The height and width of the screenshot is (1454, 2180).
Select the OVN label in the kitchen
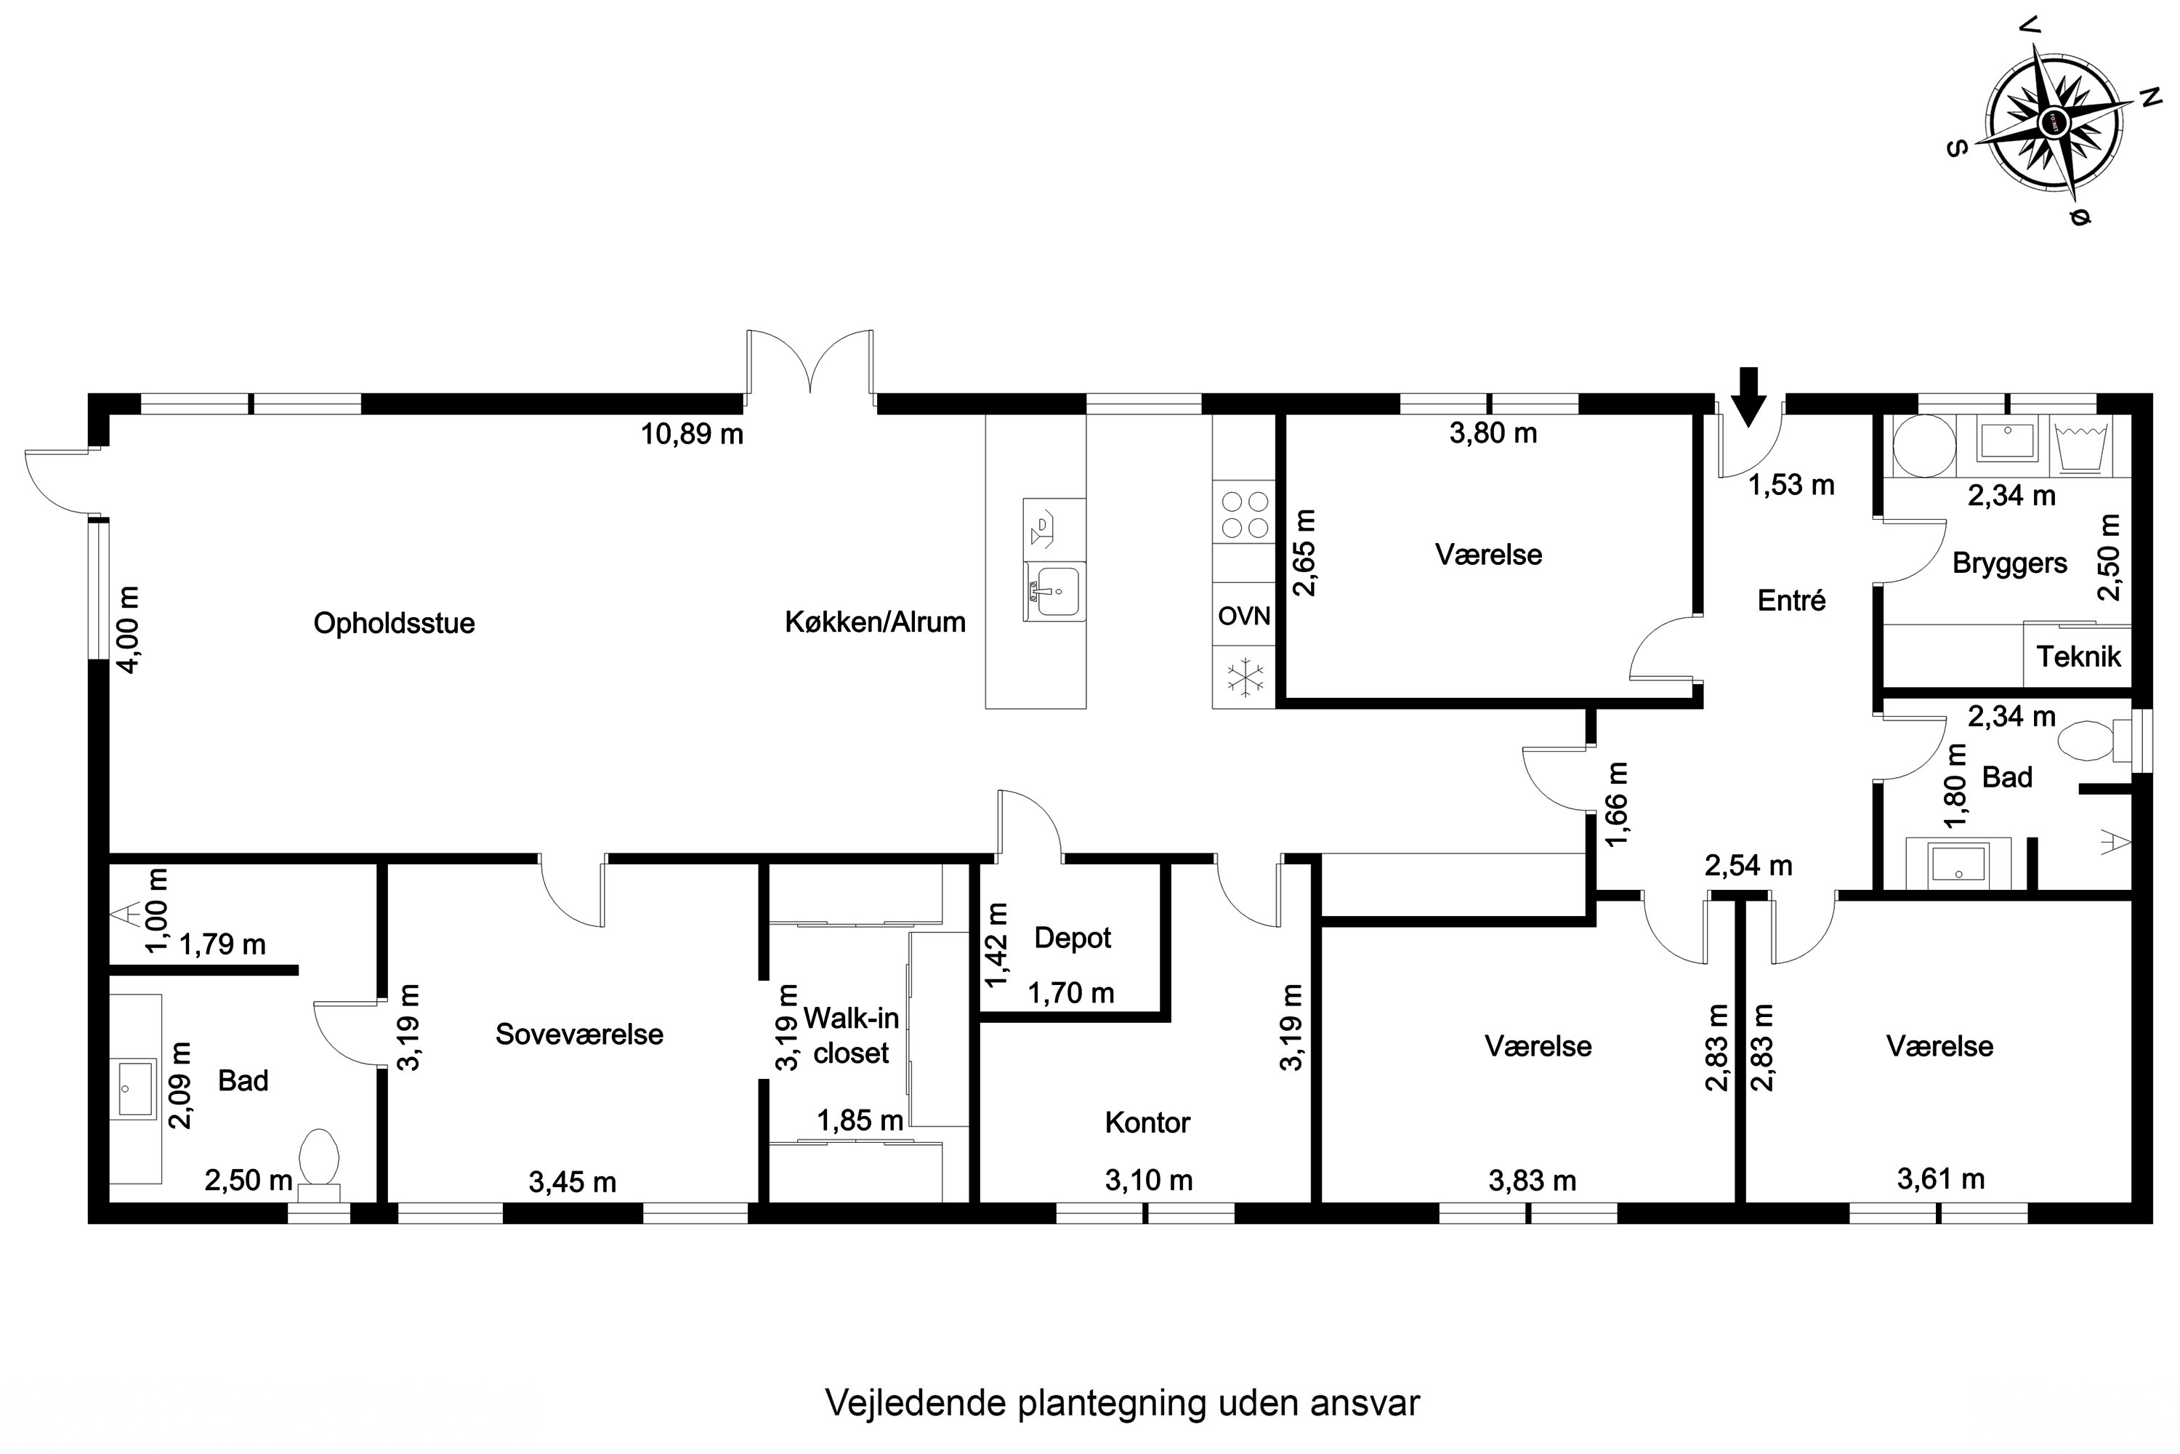coord(1244,616)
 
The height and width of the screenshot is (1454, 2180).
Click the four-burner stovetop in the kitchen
coord(1244,515)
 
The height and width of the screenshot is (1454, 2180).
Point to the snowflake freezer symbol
coord(1244,676)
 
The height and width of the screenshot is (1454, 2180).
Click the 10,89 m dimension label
coord(693,434)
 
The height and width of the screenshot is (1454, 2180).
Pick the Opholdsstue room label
coord(394,623)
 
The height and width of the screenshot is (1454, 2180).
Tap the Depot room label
coord(1073,938)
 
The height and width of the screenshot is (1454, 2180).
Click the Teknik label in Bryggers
coord(2079,656)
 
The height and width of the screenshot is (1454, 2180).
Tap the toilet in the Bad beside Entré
coord(2085,742)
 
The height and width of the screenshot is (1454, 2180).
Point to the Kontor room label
coord(1147,1123)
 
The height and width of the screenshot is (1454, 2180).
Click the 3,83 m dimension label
coord(1532,1181)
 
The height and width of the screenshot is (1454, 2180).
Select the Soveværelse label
coord(579,1034)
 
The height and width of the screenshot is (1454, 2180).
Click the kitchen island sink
coord(1056,590)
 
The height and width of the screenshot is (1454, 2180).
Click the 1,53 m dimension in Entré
coord(1791,485)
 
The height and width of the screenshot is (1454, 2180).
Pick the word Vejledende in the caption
coord(916,1403)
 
